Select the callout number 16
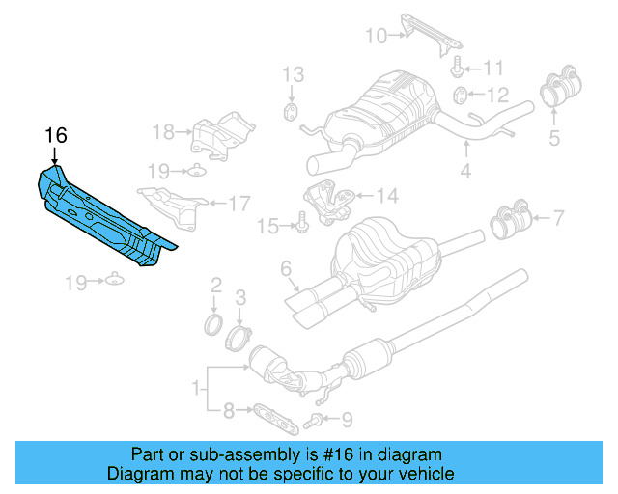[x=55, y=134]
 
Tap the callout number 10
[x=375, y=37]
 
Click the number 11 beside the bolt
[x=493, y=68]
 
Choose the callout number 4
[x=465, y=173]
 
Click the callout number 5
[x=554, y=137]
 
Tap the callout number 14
[x=386, y=197]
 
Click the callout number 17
[x=239, y=203]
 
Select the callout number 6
[x=286, y=267]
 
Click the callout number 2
[x=216, y=284]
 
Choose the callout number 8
[x=228, y=411]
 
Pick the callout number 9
[x=348, y=418]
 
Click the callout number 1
[x=198, y=389]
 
